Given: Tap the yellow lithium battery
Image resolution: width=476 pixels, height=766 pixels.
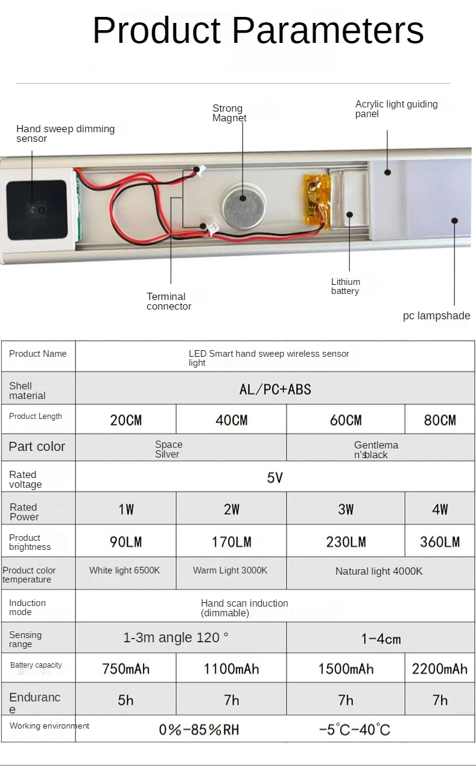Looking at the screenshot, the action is pos(317,202).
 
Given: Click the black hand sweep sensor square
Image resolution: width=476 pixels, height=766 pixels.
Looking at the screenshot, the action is pos(36,209).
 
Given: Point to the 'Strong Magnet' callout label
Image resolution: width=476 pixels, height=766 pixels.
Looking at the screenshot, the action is pos(229,113).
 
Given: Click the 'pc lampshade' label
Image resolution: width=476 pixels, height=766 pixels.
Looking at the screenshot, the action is pos(436,316).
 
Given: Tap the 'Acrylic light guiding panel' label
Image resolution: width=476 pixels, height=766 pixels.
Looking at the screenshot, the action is pos(396,109).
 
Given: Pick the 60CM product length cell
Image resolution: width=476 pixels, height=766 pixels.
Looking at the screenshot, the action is pos(346,420).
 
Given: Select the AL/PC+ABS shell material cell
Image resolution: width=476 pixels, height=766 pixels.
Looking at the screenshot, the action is pos(275,389).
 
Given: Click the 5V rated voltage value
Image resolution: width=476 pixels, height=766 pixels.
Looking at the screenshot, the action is pos(274,478).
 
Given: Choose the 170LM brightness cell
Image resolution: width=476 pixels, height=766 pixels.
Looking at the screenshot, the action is pos(231,542).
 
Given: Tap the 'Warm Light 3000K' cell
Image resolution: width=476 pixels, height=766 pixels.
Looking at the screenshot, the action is pos(230,570).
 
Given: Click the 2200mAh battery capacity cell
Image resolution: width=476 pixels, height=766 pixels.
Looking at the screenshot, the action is pos(439,669).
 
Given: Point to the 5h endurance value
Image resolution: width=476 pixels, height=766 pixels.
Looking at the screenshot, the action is pos(125,700).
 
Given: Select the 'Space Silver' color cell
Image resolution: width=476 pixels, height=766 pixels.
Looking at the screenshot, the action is pos(168,449).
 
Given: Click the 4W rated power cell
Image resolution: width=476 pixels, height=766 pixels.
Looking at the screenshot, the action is pos(440,509).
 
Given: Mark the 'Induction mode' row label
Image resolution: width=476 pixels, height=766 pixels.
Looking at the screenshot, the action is pos(27,607).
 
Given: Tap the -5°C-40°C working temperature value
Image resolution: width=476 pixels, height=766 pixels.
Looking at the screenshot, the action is pos(355,730).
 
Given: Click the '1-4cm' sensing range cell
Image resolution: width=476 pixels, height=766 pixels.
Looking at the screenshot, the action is pos(381,639).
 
